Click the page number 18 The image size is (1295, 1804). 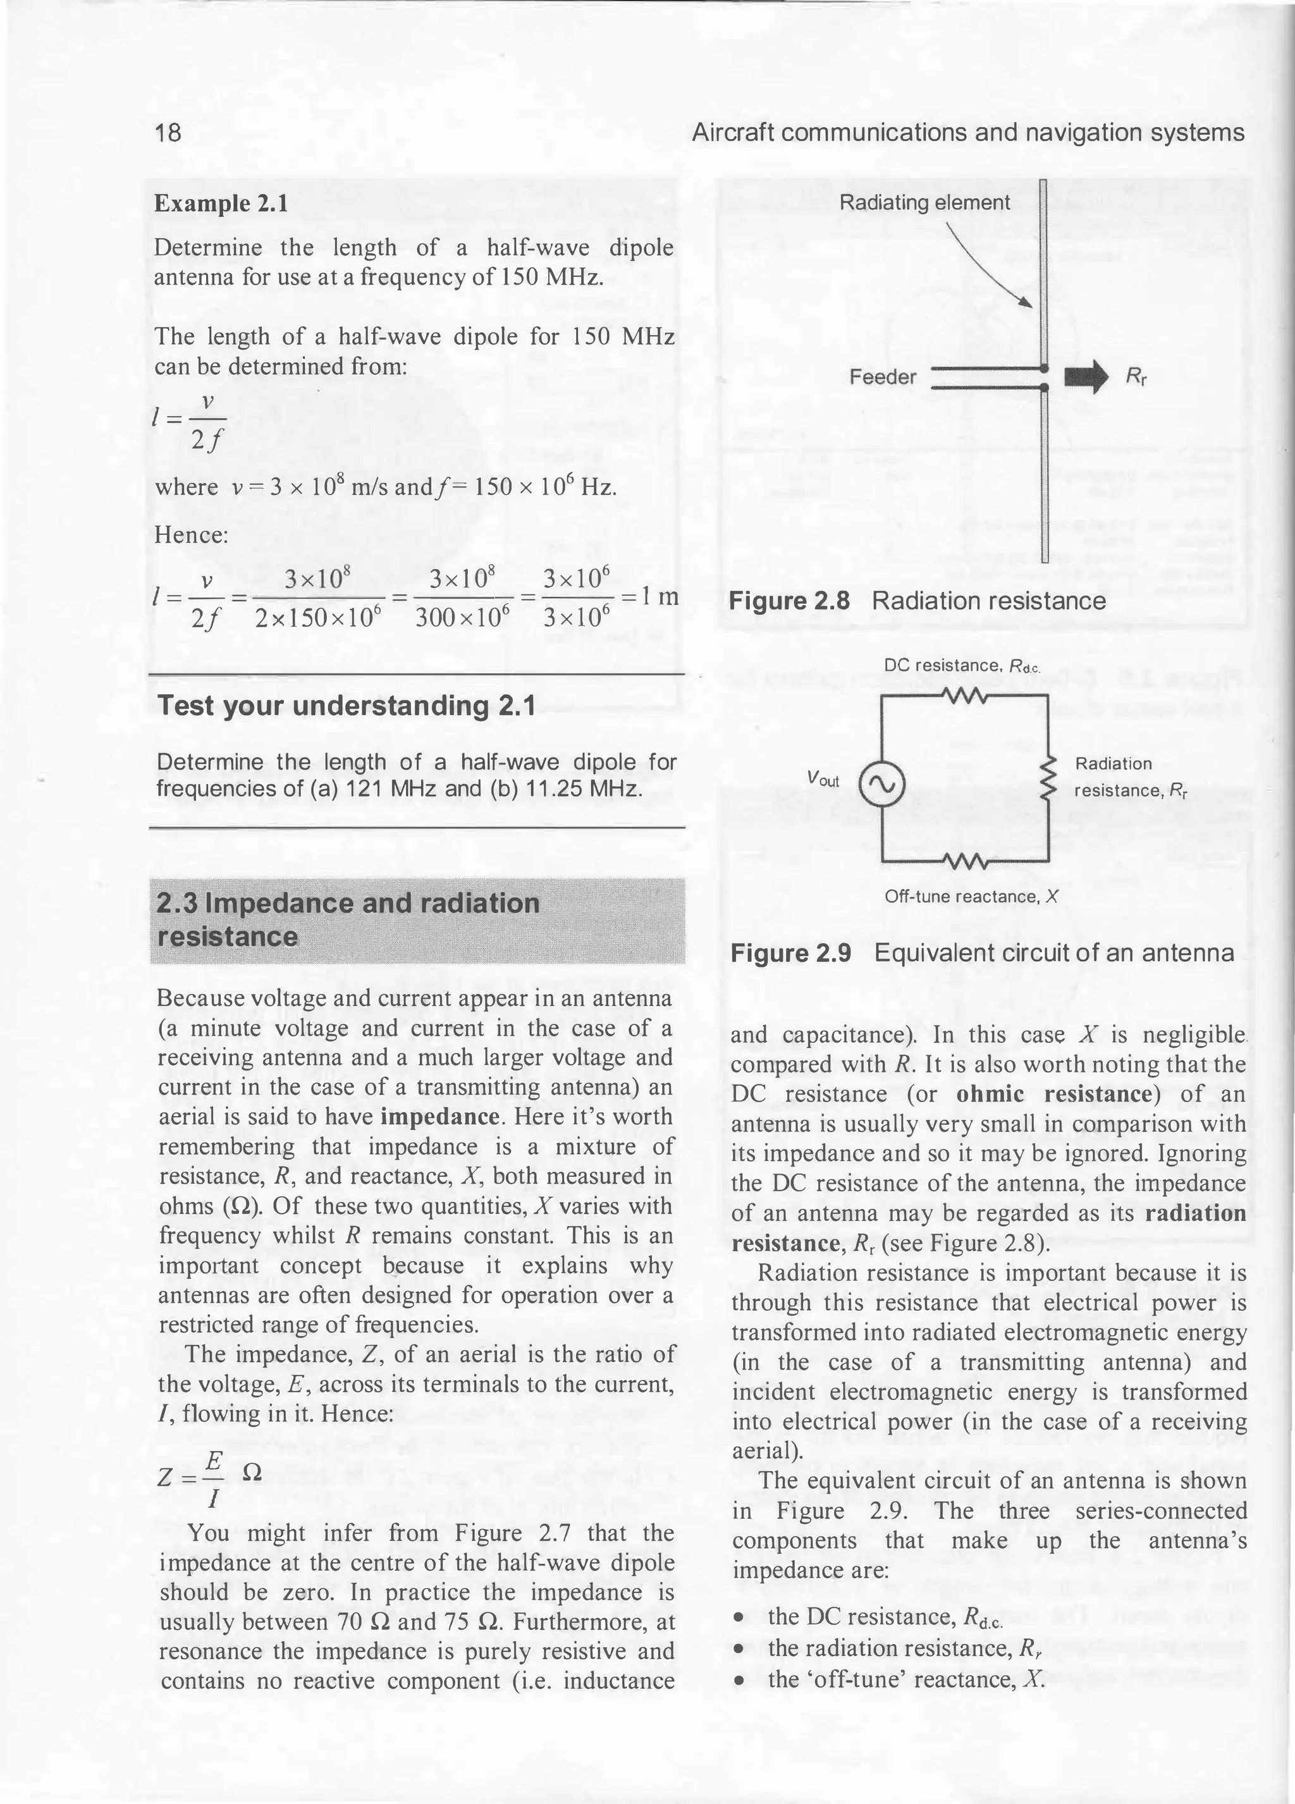(169, 132)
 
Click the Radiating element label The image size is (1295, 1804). (924, 203)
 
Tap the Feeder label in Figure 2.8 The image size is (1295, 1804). (882, 376)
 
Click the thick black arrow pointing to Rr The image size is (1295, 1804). (1085, 377)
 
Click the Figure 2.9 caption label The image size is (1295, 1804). (790, 952)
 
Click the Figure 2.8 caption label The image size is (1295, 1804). (789, 601)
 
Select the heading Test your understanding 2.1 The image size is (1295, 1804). (346, 706)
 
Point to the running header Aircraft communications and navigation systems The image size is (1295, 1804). (967, 132)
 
